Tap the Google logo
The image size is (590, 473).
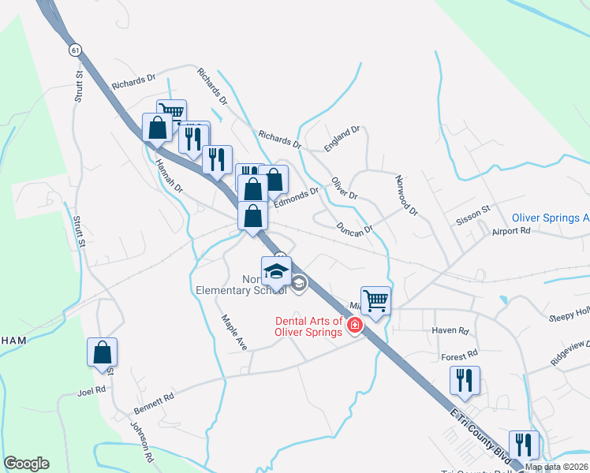26,464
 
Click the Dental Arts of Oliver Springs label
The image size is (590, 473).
309,326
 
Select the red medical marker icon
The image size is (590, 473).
355,326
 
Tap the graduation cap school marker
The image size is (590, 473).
276,271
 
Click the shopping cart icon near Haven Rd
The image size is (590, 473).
376,300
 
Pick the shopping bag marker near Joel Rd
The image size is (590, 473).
103,352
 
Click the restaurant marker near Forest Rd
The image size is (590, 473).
465,381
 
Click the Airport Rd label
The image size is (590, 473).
511,231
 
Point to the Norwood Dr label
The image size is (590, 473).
406,196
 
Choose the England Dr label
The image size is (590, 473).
342,138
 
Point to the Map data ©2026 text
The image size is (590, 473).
556,467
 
